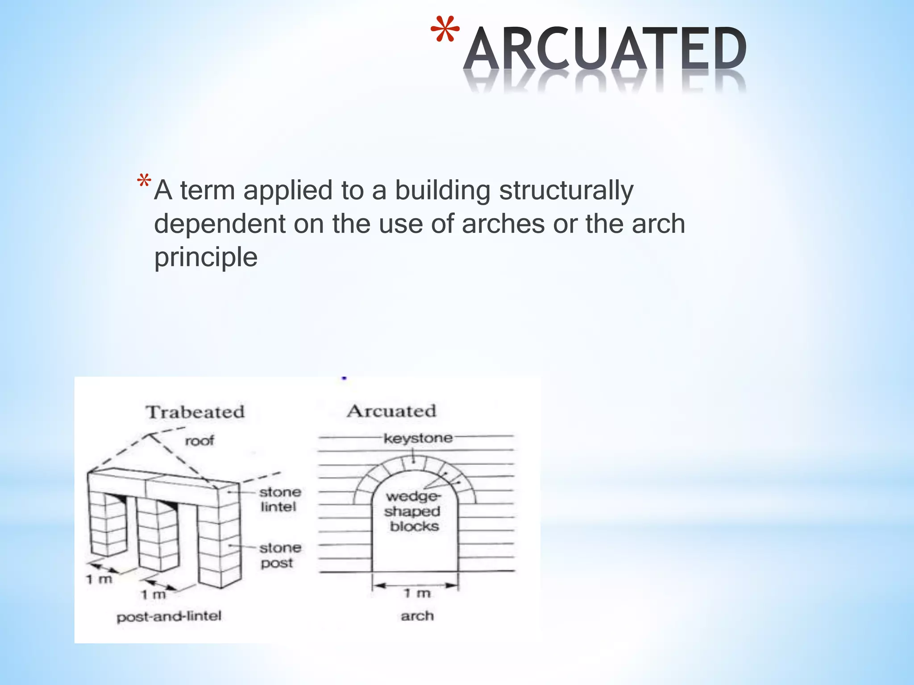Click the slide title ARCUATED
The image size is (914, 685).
pyautogui.click(x=605, y=49)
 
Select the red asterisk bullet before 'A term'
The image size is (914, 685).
pyautogui.click(x=144, y=181)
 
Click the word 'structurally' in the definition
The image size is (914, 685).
pyautogui.click(x=566, y=191)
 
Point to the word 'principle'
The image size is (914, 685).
pyautogui.click(x=206, y=257)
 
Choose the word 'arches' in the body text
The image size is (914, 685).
pyautogui.click(x=503, y=224)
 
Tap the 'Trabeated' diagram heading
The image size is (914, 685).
pyautogui.click(x=195, y=412)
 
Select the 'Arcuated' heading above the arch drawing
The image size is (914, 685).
pyautogui.click(x=391, y=411)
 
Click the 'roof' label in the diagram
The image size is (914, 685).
pyautogui.click(x=199, y=441)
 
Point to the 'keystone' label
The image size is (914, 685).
pyautogui.click(x=418, y=438)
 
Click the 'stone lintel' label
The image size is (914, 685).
pyautogui.click(x=280, y=499)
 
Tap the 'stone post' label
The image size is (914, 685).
pyautogui.click(x=280, y=555)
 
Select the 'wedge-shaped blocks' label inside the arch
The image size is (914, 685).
pyautogui.click(x=413, y=512)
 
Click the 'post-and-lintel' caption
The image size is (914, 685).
pyautogui.click(x=169, y=617)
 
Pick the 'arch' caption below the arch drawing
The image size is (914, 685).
pyautogui.click(x=417, y=616)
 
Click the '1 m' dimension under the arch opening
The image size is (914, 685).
pyautogui.click(x=417, y=593)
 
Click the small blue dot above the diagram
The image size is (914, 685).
pyautogui.click(x=344, y=378)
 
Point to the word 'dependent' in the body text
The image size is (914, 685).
pyautogui.click(x=220, y=224)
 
